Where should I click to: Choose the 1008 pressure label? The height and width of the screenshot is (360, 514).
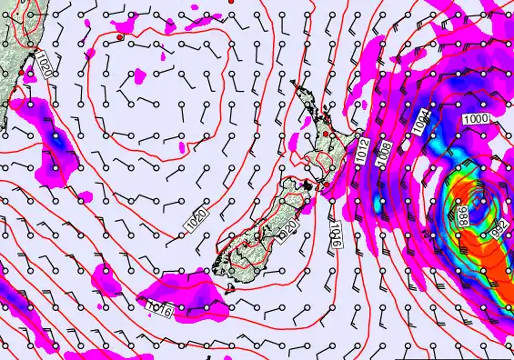(x=386, y=150)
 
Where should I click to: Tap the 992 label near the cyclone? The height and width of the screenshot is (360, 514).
(x=499, y=230)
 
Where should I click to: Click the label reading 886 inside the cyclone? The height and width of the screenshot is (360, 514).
(x=463, y=215)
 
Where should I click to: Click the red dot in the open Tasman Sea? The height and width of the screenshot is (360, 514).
(x=119, y=37)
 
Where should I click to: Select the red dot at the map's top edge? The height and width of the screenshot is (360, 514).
(x=233, y=3)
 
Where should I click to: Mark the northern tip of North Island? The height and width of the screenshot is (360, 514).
(x=294, y=84)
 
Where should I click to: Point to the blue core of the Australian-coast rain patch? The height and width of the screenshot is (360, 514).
(x=58, y=142)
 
